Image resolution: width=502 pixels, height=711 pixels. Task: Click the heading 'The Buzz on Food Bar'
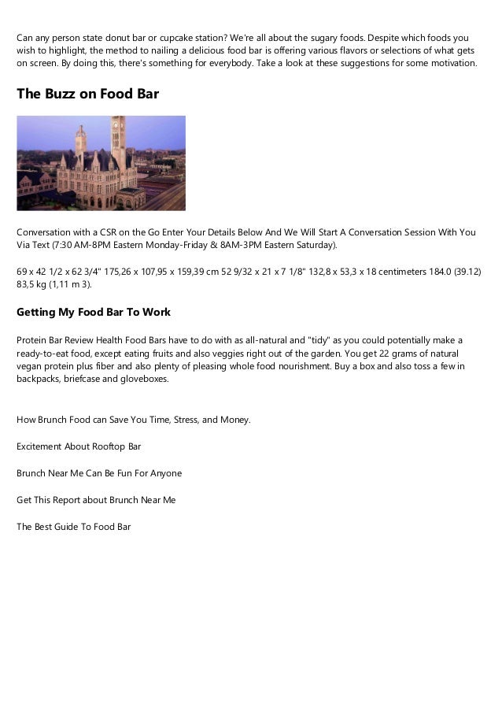click(87, 95)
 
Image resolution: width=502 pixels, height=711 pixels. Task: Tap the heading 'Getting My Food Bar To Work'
click(94, 313)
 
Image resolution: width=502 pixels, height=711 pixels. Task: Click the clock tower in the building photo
click(120, 138)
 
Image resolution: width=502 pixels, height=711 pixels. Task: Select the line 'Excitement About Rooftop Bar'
click(79, 446)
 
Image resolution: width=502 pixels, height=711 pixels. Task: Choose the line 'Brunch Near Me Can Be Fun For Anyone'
click(99, 473)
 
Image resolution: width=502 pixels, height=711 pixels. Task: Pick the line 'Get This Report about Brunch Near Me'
click(96, 500)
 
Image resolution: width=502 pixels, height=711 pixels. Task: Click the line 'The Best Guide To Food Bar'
click(74, 527)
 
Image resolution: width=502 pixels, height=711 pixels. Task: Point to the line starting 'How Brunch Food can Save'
click(134, 420)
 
